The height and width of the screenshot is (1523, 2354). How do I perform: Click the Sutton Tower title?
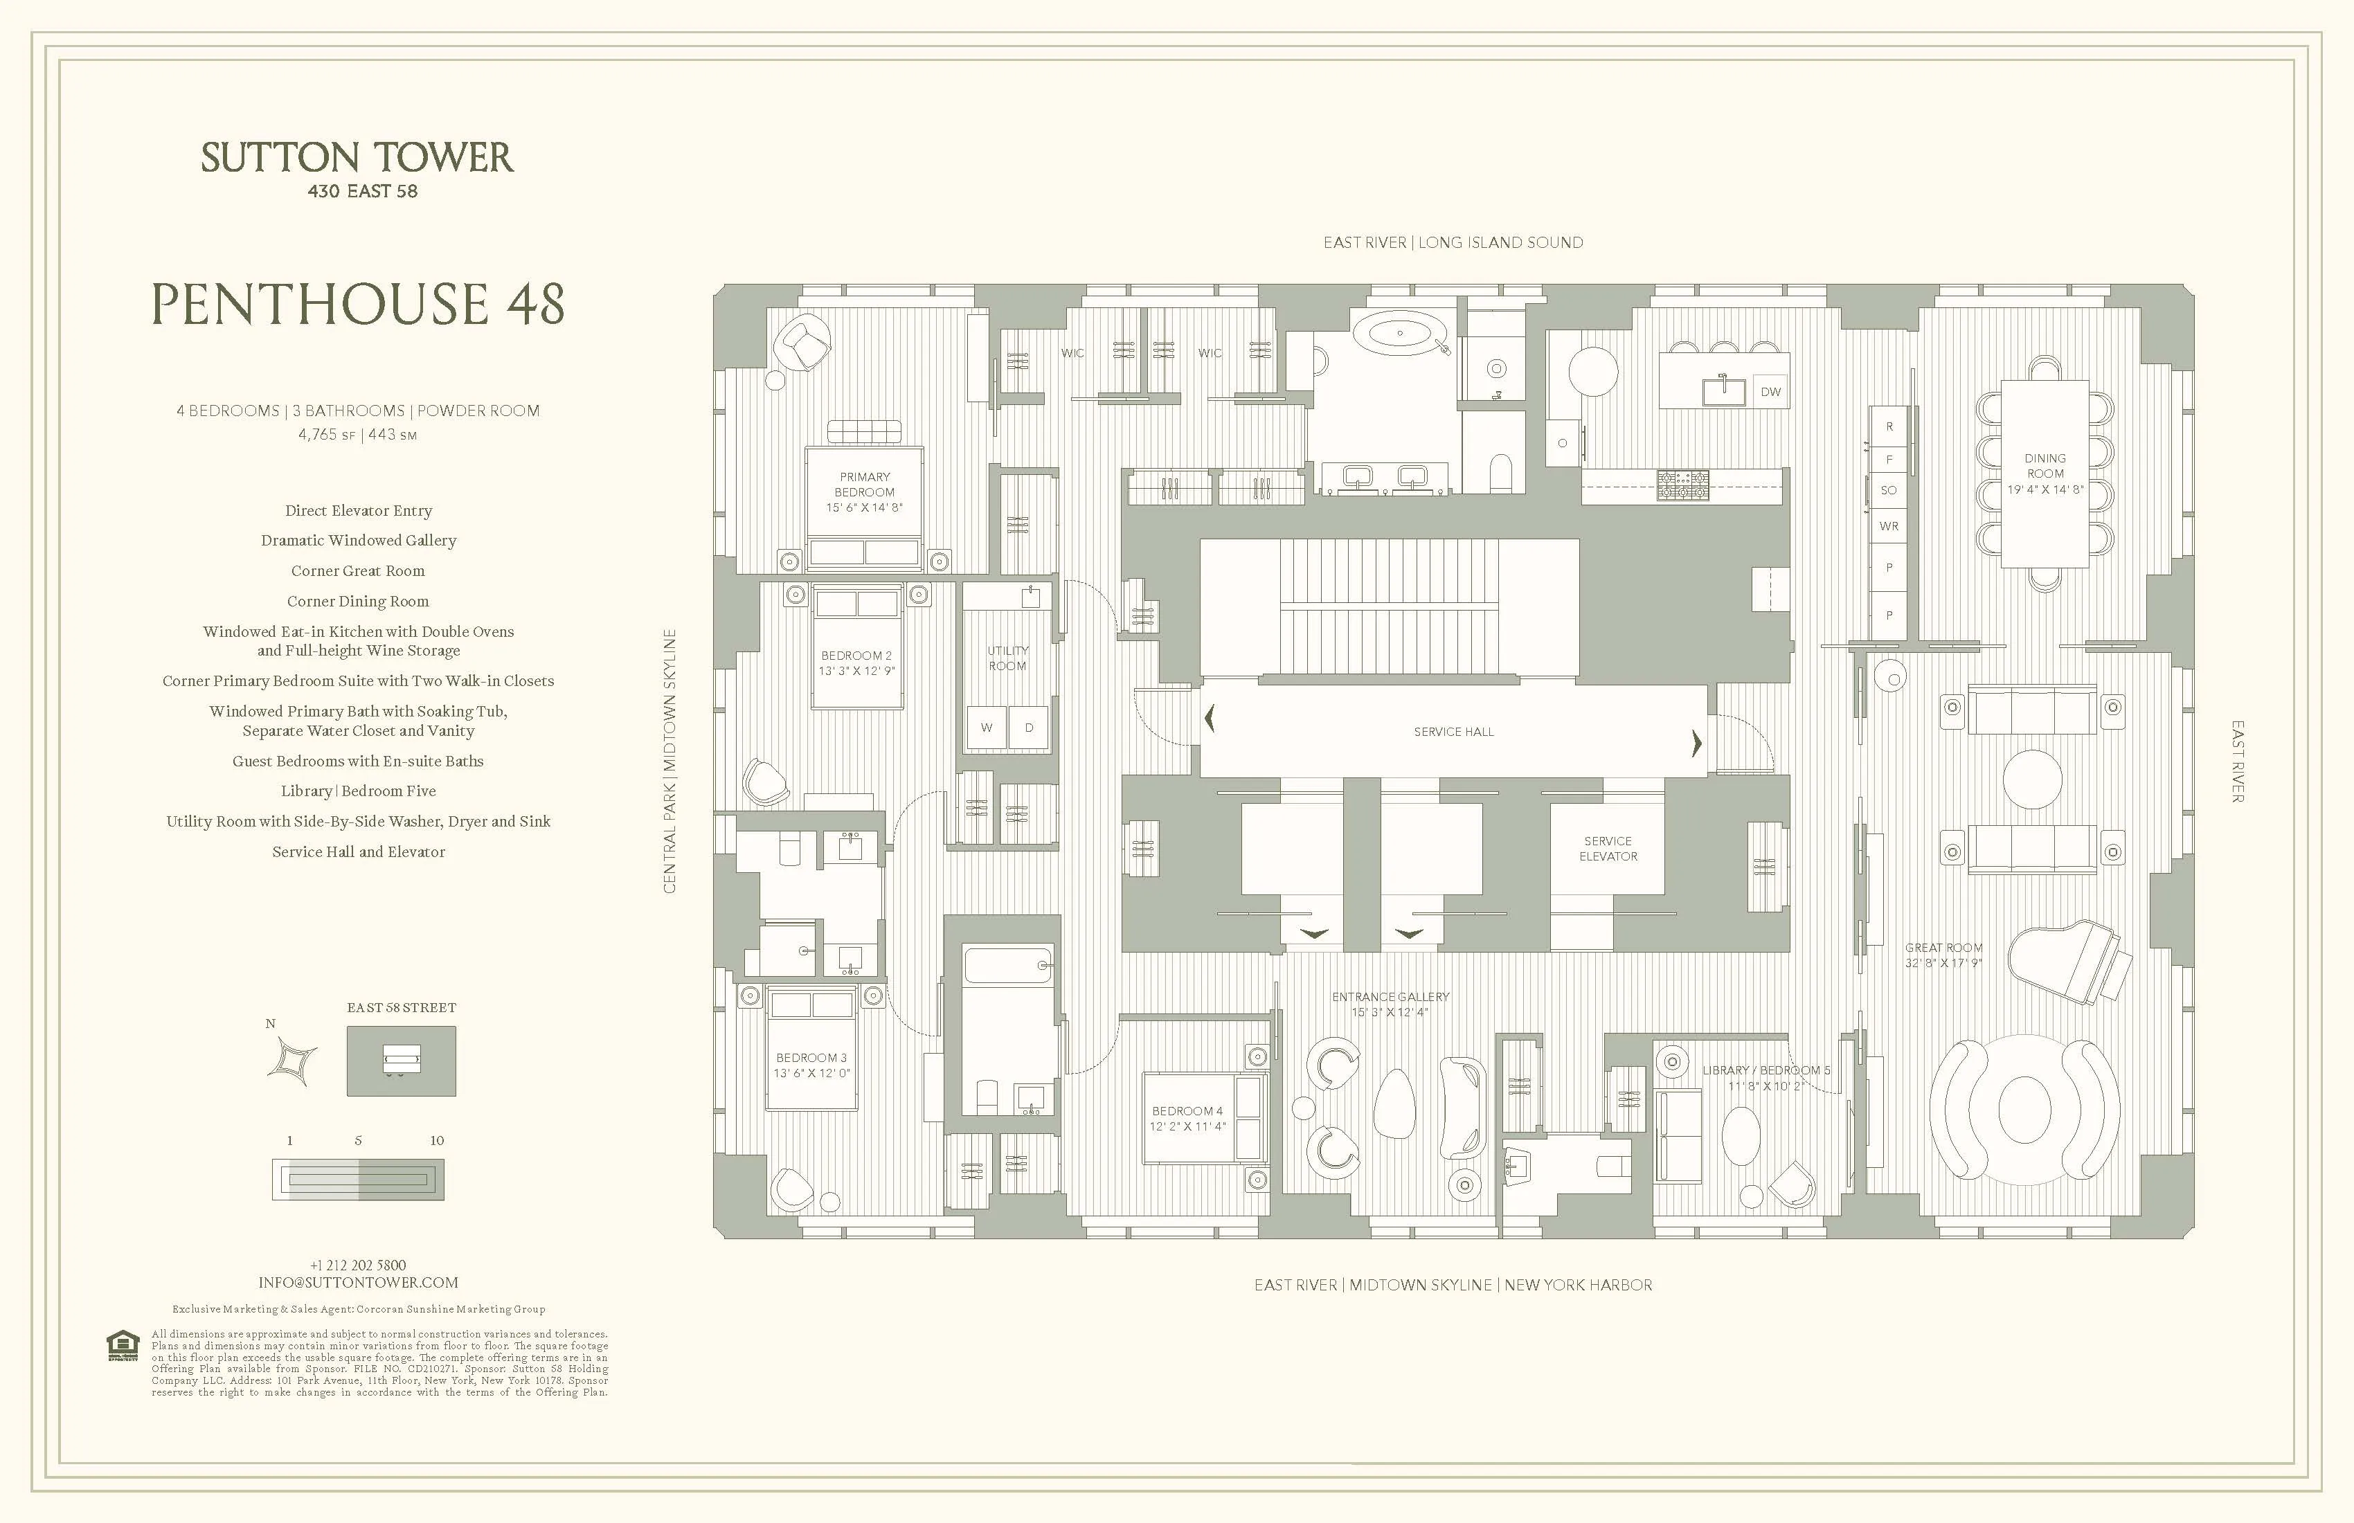[x=357, y=159]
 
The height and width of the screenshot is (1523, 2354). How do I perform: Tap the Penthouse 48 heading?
[x=357, y=304]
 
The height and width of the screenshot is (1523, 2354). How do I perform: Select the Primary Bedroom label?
[x=865, y=492]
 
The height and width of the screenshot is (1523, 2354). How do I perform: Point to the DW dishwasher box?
[x=1770, y=392]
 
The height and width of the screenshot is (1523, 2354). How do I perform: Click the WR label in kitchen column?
[x=1888, y=526]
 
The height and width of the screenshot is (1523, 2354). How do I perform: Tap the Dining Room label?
[x=2045, y=473]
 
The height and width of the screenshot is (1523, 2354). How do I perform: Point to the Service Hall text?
[x=1453, y=732]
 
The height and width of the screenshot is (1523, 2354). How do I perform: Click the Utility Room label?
[x=1007, y=658]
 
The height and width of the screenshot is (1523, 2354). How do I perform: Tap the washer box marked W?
[x=986, y=728]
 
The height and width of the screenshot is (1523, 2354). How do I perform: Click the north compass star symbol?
[x=294, y=1061]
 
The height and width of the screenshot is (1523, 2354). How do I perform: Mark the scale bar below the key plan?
[x=358, y=1180]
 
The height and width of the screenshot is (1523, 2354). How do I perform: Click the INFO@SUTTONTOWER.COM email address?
[x=358, y=1283]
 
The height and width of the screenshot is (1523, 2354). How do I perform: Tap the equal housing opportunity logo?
[x=123, y=1346]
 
